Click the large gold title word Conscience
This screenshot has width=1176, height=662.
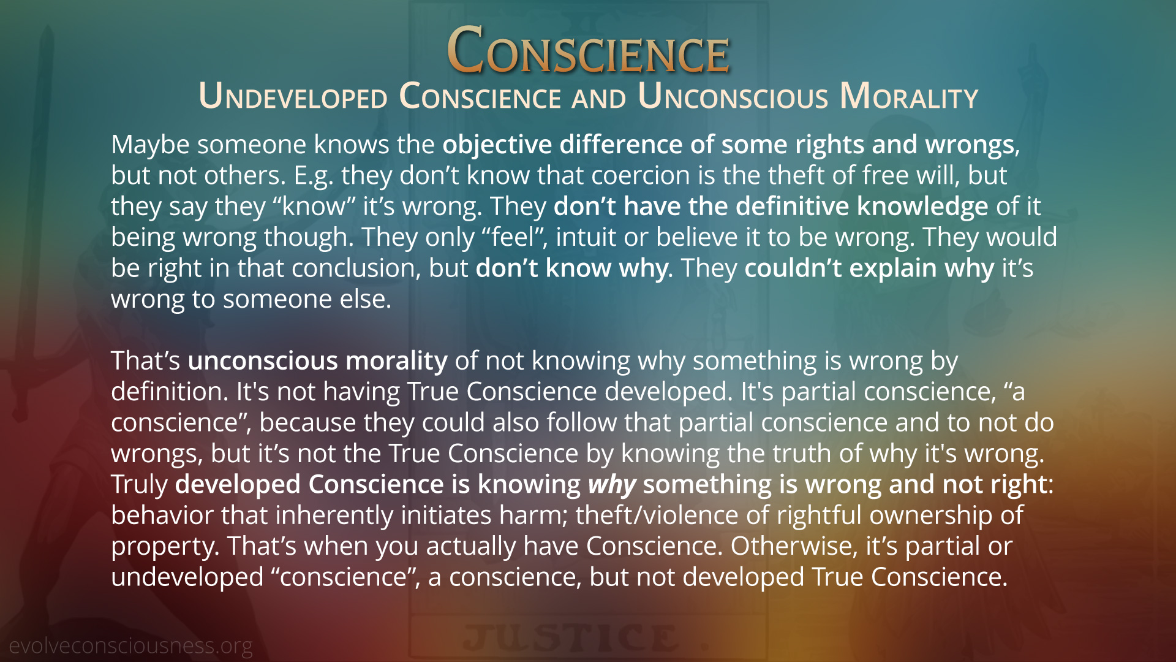pos(588,50)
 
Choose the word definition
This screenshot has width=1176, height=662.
pos(170,392)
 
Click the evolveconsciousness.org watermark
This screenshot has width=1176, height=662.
pos(130,646)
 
